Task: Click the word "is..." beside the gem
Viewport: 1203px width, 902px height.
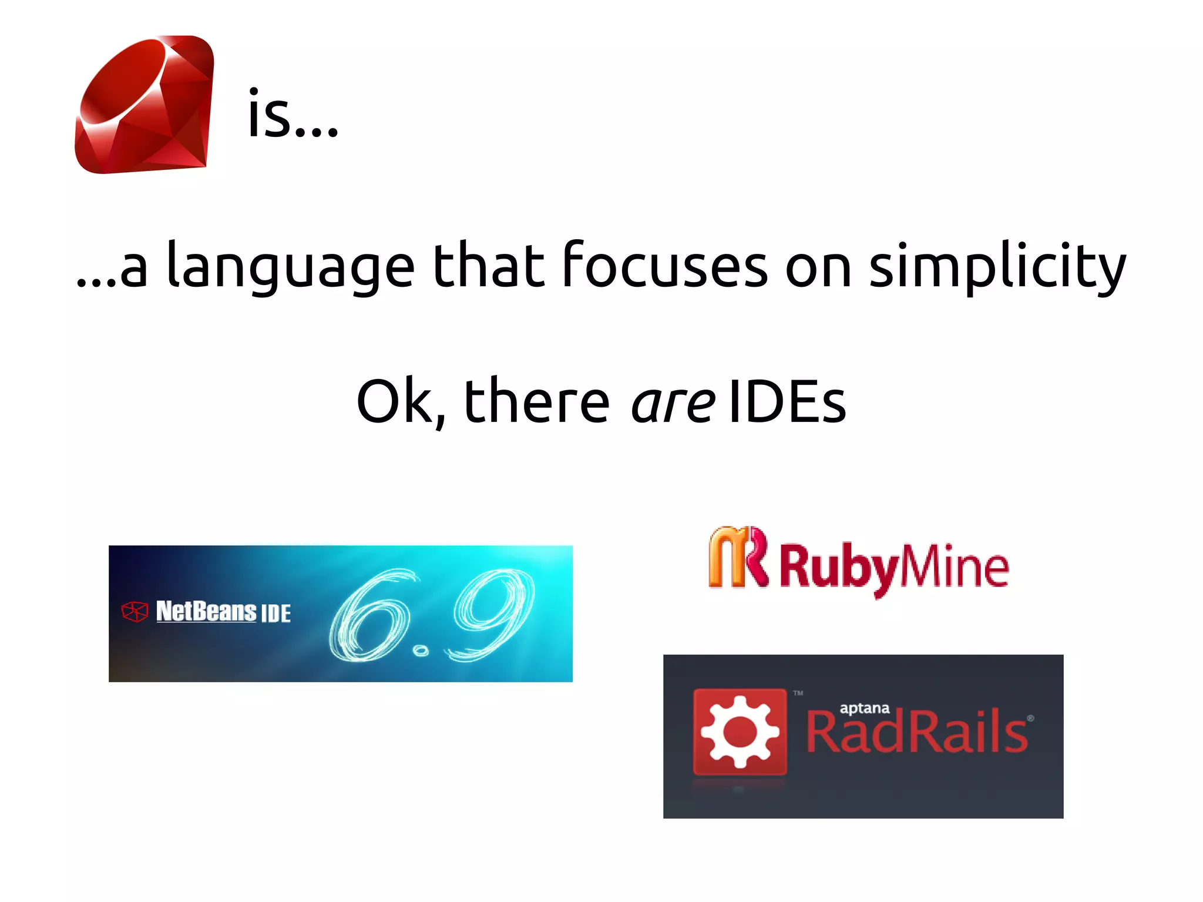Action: point(293,115)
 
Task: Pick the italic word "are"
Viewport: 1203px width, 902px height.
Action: point(673,403)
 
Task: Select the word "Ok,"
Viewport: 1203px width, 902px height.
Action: point(402,403)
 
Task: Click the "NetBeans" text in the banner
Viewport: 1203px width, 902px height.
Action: point(206,611)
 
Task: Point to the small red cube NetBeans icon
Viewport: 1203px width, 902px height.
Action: point(135,612)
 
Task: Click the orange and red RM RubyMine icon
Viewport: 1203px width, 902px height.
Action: point(738,557)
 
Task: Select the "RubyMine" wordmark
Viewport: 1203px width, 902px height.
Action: point(894,567)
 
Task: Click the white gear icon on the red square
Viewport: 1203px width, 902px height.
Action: point(740,732)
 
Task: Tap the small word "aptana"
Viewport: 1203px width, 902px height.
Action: point(864,709)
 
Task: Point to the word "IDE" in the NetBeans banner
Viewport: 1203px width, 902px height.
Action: point(275,613)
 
